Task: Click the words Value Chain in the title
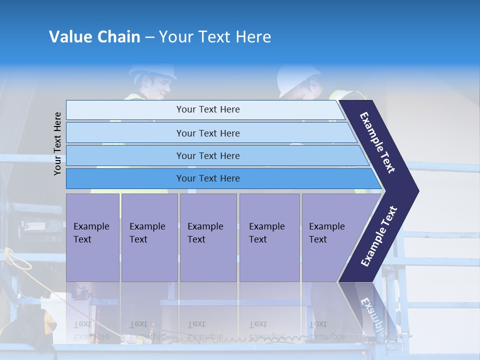coord(94,37)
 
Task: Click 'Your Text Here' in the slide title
coord(215,37)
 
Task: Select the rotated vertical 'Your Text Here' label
coord(58,143)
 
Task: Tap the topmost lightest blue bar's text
coord(208,109)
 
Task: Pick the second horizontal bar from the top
coord(208,133)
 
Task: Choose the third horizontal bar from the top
coord(208,156)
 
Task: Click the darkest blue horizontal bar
coord(208,178)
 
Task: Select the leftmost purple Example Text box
coord(92,237)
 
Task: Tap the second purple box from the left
coord(149,237)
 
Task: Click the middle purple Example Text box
coord(208,237)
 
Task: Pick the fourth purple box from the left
coord(269,237)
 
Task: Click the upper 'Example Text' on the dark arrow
coord(377,142)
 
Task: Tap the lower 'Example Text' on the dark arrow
coord(379,236)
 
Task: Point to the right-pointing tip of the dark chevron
coord(417,191)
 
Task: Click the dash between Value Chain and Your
coord(149,37)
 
